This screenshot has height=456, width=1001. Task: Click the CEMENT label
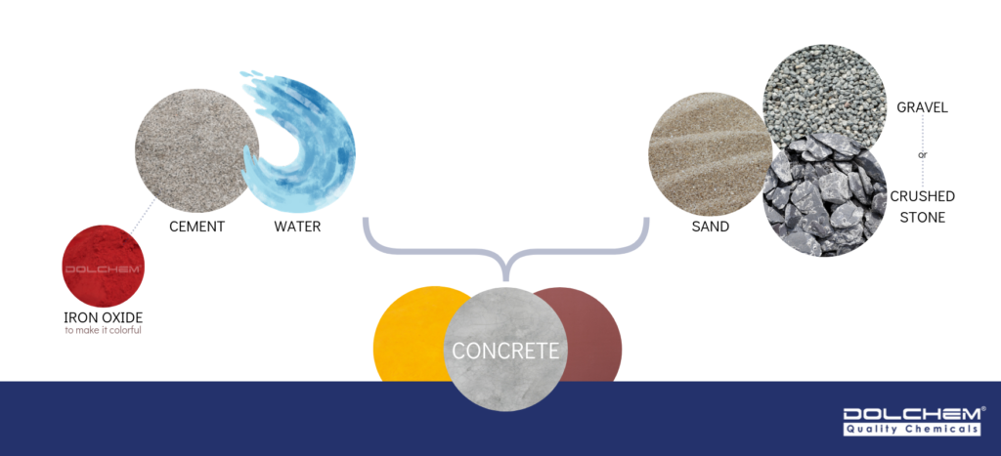[196, 227]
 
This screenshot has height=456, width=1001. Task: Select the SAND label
[711, 227]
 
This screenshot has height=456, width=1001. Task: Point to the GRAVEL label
[923, 107]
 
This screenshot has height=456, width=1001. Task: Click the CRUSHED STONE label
[922, 207]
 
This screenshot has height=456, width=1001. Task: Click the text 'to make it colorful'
[103, 330]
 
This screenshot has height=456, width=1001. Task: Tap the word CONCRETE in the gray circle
[504, 351]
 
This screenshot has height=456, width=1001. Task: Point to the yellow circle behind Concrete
[406, 337]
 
